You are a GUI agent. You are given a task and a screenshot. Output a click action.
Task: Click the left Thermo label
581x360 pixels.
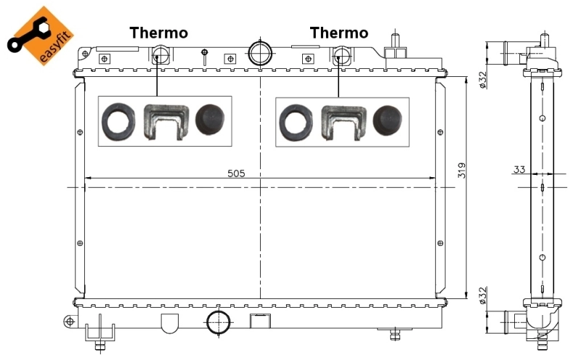point(158,33)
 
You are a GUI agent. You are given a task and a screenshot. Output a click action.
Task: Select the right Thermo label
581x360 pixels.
point(338,33)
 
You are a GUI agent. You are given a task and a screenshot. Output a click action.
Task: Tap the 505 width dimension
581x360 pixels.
point(236,173)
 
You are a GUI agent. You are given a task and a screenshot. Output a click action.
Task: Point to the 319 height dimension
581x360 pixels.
point(462,171)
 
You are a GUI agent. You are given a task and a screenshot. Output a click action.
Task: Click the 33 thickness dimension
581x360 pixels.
point(519,170)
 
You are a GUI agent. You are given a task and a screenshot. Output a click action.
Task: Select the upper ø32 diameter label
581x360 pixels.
point(482,77)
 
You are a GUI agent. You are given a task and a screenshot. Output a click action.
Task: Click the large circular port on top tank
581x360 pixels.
point(260,52)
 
